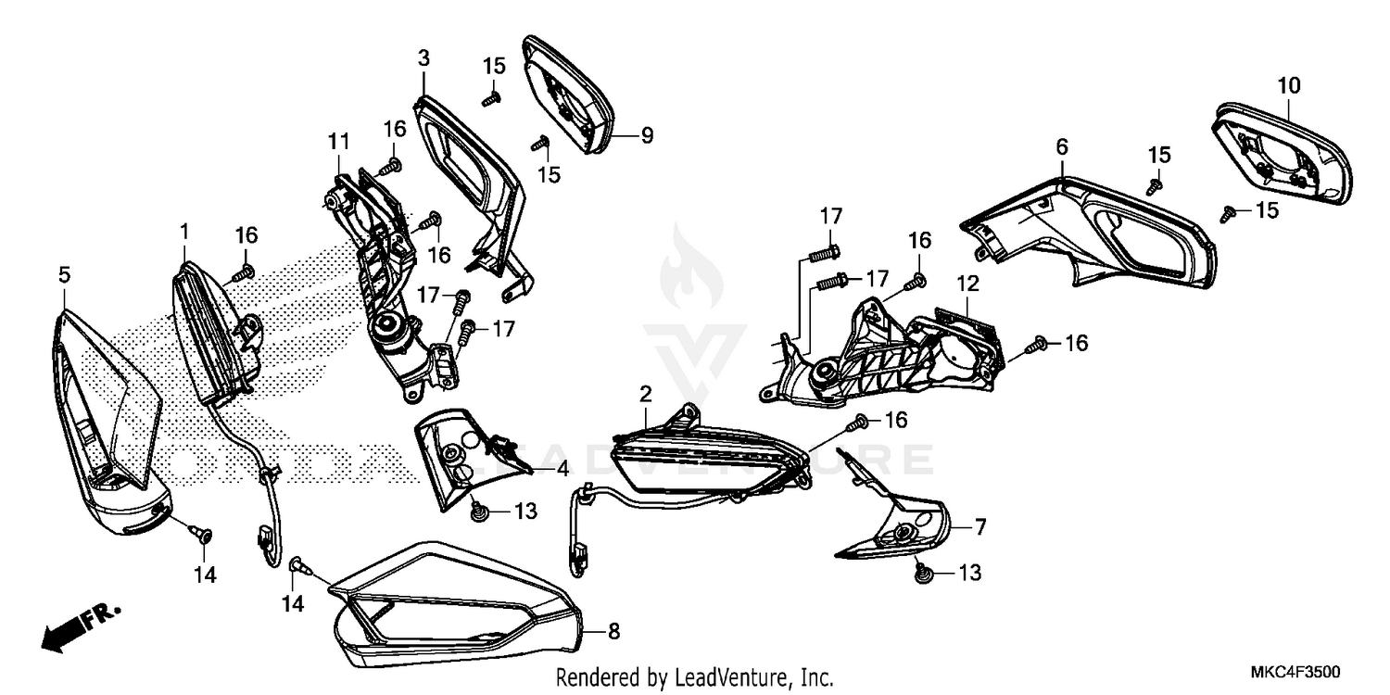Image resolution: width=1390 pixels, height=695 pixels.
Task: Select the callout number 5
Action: pos(64,275)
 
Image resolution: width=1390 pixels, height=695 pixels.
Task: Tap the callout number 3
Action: pos(423,58)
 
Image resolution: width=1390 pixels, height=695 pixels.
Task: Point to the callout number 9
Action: pos(647,136)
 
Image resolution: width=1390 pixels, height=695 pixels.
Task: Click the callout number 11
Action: pos(338,142)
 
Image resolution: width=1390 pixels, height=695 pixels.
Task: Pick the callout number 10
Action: pos(1288,85)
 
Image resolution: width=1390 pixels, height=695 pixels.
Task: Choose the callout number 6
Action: pos(1062,146)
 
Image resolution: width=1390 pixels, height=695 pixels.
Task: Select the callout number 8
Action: pos(613,632)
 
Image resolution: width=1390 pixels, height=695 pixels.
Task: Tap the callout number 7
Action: pos(979,527)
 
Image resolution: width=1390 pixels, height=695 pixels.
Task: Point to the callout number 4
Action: pos(562,470)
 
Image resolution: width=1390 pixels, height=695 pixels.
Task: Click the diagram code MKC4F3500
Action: pos(1299,671)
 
